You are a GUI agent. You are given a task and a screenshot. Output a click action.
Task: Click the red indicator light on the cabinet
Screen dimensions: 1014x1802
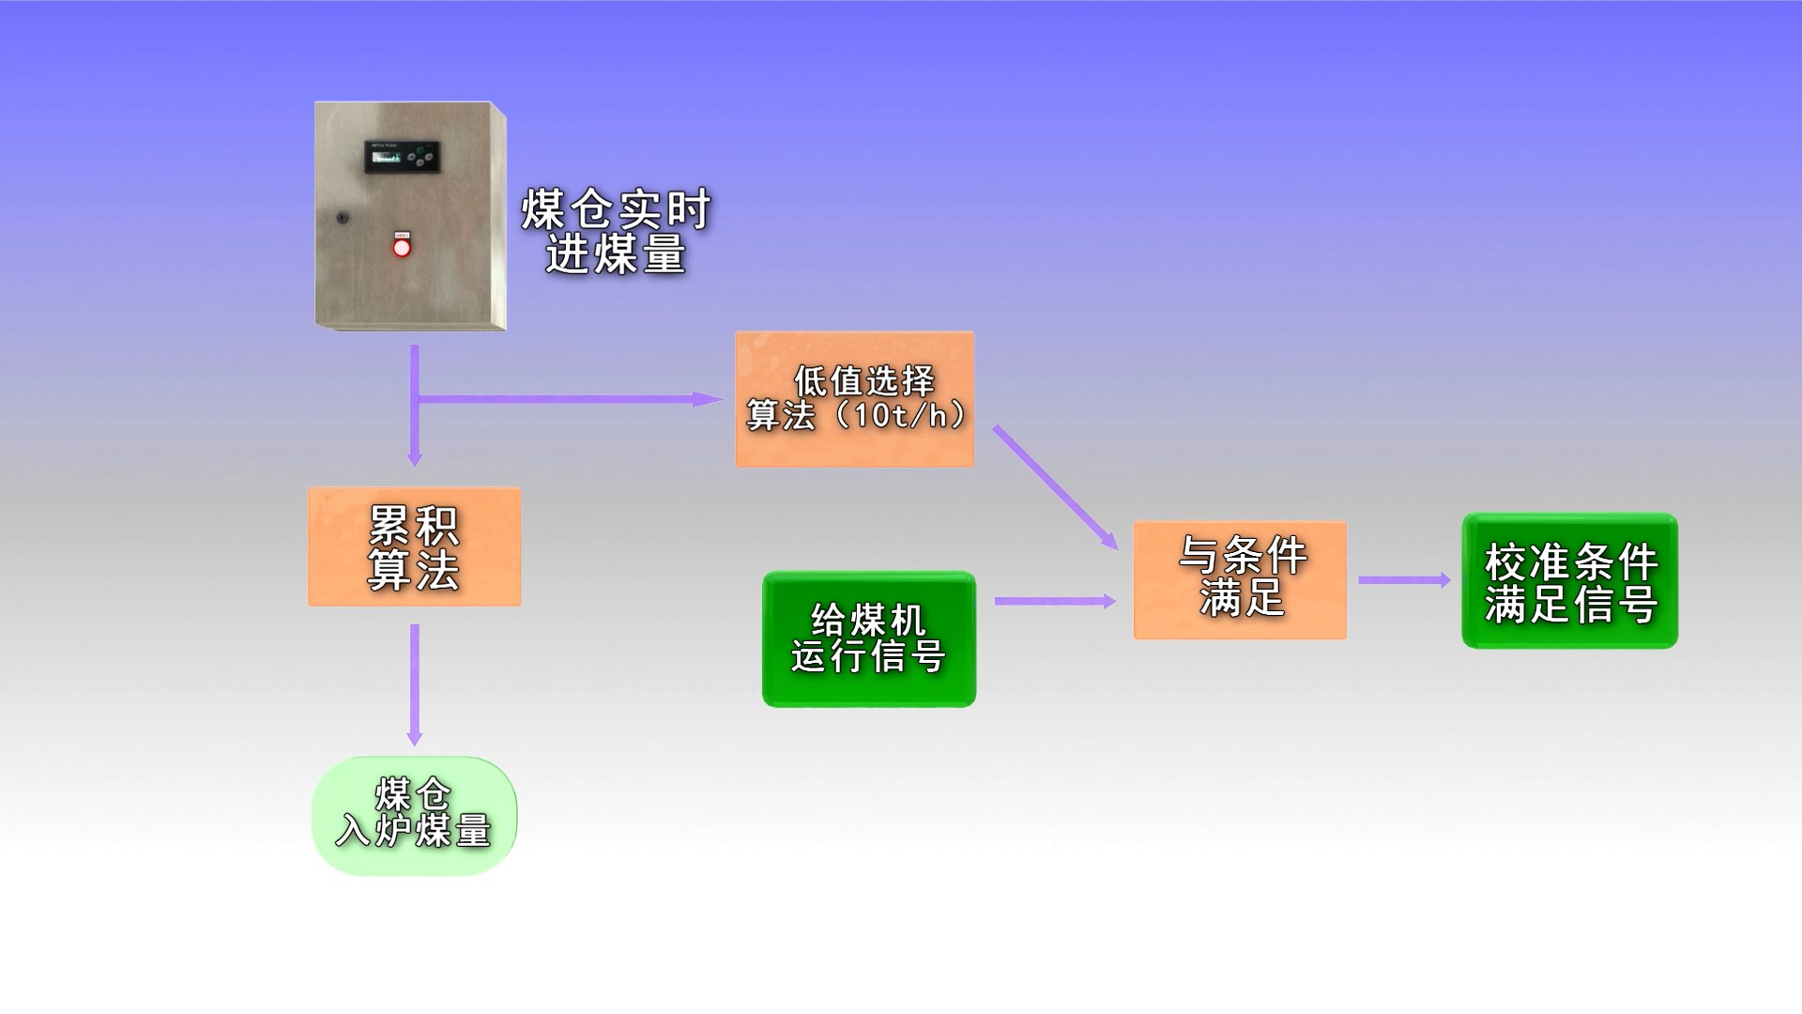tap(402, 248)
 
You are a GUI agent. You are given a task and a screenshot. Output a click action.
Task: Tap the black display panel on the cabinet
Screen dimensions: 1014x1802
tap(402, 157)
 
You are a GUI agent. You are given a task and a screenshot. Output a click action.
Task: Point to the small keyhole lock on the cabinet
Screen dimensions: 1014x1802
tap(342, 218)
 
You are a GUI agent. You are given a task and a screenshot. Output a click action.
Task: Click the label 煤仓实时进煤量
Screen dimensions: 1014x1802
tap(616, 232)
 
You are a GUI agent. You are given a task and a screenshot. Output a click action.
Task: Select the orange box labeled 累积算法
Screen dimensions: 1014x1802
tap(414, 546)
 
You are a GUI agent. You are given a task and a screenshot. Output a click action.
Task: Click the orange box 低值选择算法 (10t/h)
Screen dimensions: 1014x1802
tap(854, 399)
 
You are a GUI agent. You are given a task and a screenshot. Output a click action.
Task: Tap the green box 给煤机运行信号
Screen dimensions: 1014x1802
tap(869, 639)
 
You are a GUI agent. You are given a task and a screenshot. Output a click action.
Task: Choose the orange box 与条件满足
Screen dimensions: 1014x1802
tap(1240, 580)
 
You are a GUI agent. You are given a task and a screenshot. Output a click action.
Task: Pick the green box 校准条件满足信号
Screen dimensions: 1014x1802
tap(1569, 581)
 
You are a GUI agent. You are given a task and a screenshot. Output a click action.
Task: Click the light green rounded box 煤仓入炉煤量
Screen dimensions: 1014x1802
tap(414, 816)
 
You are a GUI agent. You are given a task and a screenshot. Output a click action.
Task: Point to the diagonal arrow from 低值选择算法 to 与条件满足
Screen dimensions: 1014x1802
tap(1056, 487)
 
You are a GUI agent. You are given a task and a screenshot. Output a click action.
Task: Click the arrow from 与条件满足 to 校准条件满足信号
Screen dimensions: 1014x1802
tap(1404, 580)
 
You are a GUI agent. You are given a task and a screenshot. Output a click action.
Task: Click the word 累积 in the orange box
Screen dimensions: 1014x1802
tap(414, 526)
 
